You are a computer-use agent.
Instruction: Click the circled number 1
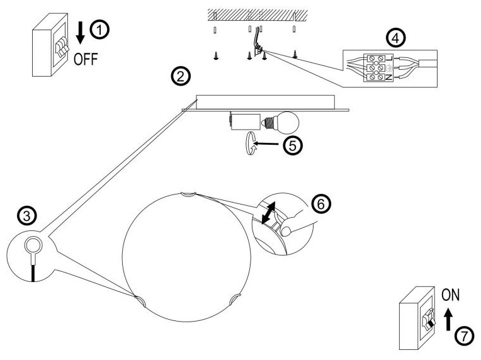coord(99,30)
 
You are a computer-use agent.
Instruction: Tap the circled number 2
coord(181,76)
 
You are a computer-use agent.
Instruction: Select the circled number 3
coord(27,216)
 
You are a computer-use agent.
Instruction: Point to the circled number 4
coord(395,38)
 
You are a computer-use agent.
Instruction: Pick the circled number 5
coord(293,145)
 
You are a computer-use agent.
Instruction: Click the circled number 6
coord(321,204)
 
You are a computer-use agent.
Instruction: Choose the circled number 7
coord(465,336)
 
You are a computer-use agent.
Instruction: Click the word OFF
coord(86,59)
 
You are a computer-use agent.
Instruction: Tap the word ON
coord(450,295)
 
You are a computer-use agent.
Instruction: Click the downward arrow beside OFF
coord(81,33)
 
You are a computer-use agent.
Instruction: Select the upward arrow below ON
coord(448,319)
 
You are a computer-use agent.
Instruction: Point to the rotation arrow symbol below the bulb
coord(251,143)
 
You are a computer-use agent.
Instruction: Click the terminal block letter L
coord(389,58)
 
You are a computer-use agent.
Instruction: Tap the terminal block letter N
coord(389,77)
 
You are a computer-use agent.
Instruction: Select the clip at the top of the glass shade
coord(188,194)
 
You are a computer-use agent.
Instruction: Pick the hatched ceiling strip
coord(257,14)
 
